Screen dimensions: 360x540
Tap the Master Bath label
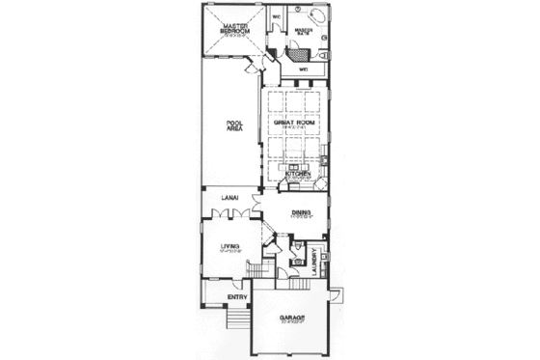[305, 30]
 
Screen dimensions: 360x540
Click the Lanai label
[229, 199]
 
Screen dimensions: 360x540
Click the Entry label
[236, 296]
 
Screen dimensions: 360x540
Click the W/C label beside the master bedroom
[276, 16]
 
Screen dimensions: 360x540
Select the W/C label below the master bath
[302, 69]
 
